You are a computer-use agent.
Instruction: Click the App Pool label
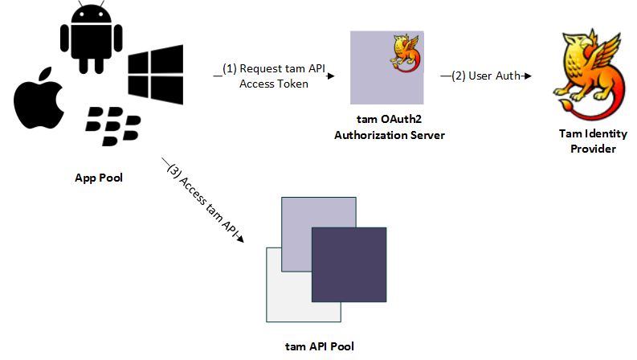coord(99,178)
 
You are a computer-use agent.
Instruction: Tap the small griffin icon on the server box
coord(406,51)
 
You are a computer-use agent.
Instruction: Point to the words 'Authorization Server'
coord(389,135)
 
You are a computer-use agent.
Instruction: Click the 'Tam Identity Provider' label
coord(592,141)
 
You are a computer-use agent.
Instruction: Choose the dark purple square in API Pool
coord(348,264)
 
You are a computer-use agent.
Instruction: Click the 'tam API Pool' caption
coord(319,346)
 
